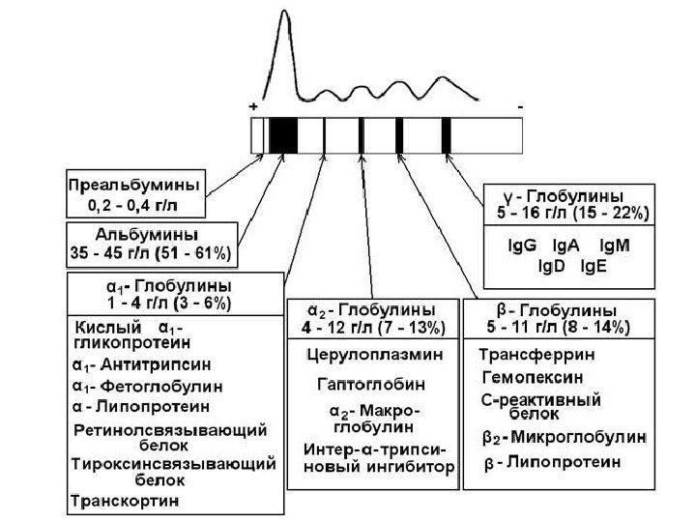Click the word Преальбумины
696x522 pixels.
click(x=136, y=184)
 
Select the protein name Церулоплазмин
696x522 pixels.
click(x=375, y=355)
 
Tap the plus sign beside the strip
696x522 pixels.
click(x=253, y=104)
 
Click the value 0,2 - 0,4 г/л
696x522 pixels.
click(x=136, y=205)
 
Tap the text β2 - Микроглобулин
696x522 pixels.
click(x=564, y=437)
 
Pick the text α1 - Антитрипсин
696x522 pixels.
click(x=142, y=367)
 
